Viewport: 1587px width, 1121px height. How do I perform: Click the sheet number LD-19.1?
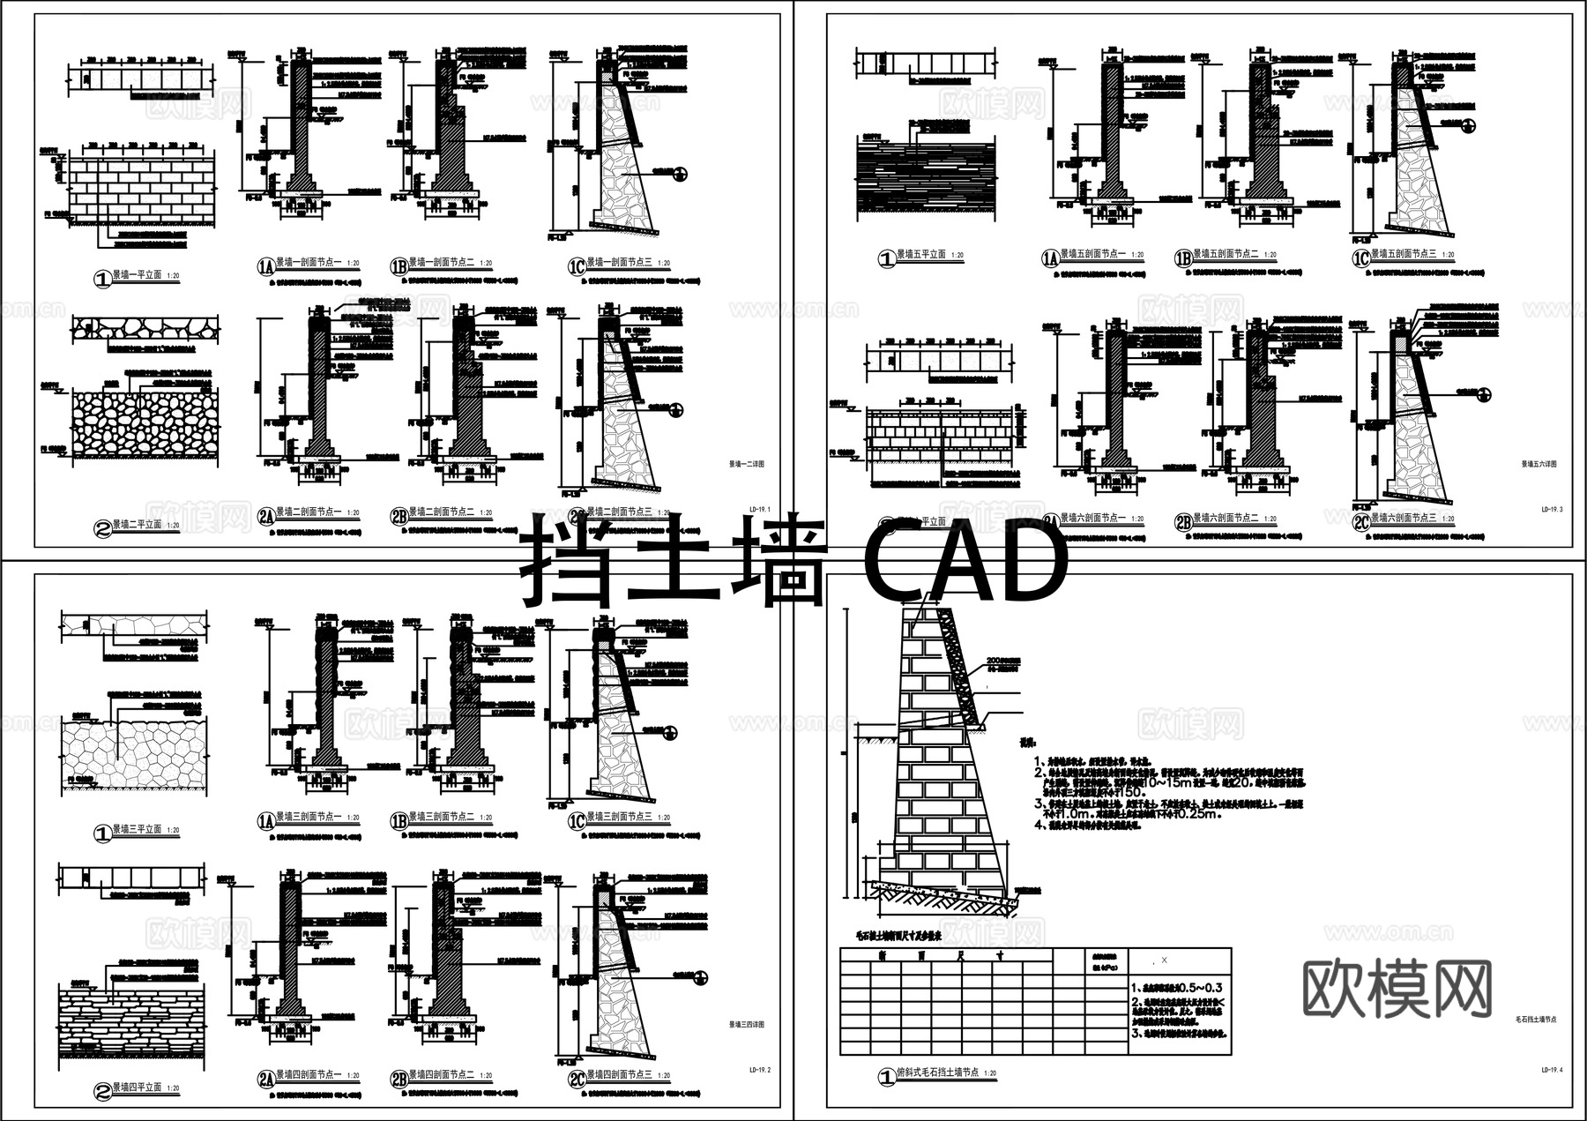[759, 510]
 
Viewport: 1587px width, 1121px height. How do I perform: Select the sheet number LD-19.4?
[1552, 1070]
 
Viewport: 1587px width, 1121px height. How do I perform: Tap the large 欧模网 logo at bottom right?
[1397, 989]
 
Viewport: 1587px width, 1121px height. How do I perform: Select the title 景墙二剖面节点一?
[309, 512]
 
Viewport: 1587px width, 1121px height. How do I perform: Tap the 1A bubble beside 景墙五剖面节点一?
[1050, 258]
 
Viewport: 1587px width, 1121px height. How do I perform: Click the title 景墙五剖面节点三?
[1403, 254]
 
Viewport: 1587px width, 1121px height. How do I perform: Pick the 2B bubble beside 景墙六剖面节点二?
[1183, 521]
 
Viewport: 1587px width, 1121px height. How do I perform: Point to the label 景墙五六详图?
[1539, 463]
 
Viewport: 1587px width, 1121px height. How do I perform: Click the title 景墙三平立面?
[137, 829]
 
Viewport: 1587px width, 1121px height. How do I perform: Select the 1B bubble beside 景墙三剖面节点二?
[399, 820]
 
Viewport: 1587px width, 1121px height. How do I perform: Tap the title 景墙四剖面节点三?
[620, 1075]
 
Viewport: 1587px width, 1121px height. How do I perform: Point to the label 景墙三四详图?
[747, 1025]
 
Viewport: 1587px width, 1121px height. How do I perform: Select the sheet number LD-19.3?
[1552, 510]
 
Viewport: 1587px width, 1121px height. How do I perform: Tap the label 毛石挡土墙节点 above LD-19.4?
[1535, 1019]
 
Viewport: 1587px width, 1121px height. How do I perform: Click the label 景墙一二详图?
[747, 463]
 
